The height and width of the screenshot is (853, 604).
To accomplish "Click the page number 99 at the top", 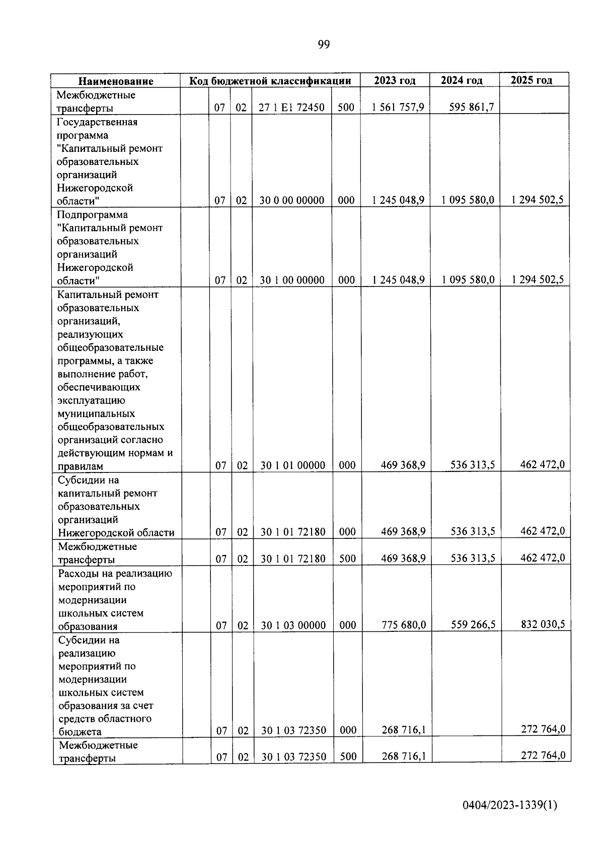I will [324, 45].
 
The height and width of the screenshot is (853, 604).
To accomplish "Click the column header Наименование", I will [116, 81].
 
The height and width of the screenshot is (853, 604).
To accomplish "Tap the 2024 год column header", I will [462, 80].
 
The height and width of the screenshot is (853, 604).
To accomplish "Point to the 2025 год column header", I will [532, 80].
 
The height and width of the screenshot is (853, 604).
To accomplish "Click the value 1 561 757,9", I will [398, 107].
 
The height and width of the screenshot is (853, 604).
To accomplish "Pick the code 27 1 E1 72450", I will [291, 108].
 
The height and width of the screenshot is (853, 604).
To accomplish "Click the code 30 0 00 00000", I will [291, 201].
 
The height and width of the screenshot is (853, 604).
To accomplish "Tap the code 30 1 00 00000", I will [292, 280].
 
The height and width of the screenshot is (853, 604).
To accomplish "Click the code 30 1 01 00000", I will [292, 465].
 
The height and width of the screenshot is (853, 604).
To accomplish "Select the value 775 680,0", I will [404, 625].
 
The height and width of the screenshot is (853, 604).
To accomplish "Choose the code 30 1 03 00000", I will [293, 625].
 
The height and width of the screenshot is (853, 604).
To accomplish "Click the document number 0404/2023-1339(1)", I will [510, 805].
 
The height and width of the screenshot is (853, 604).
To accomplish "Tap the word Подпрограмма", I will [93, 215].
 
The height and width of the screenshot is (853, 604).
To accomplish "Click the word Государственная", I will [97, 122].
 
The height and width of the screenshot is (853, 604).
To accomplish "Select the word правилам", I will [80, 466].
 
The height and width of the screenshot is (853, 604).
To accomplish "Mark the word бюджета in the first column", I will [80, 732].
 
